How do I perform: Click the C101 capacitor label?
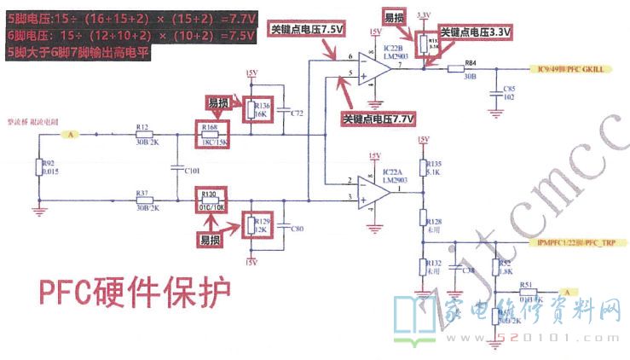click(x=191, y=170)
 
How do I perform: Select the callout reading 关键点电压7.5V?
click(x=307, y=29)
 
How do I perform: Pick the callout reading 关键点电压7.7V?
click(x=378, y=119)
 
